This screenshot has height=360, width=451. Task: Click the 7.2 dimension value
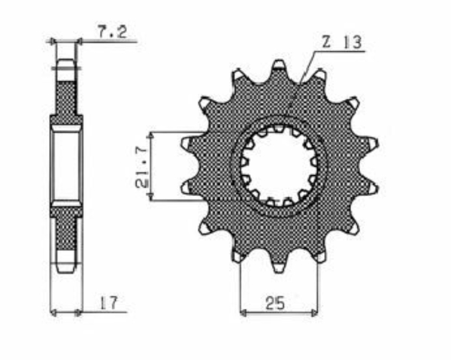tap(112, 32)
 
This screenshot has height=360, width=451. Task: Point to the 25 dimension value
tap(274, 303)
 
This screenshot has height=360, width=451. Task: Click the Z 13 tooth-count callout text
tap(341, 43)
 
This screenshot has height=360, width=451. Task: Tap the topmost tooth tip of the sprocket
tap(279, 62)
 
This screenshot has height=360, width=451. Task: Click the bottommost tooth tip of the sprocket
tap(278, 271)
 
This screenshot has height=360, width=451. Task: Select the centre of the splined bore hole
tap(279, 167)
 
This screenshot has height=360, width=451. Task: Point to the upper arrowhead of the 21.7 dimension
tap(150, 136)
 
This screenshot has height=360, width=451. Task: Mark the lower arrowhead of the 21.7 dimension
tap(150, 197)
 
